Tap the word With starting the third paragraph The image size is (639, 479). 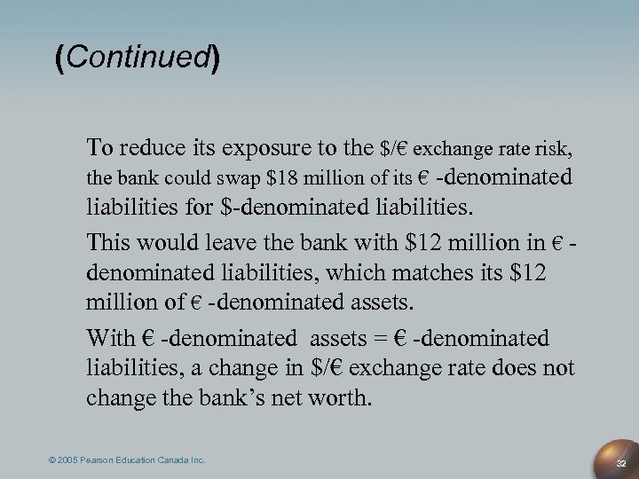(109, 338)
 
